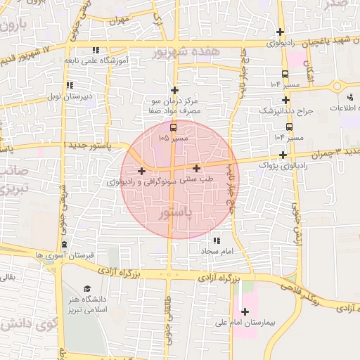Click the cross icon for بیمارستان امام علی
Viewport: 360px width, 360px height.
tap(245, 311)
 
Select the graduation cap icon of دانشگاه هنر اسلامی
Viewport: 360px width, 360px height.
tap(86, 289)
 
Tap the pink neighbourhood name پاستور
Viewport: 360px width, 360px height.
tap(175, 211)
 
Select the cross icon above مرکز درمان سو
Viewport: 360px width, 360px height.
tap(174, 89)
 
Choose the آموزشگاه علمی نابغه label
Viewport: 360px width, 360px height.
tap(95, 60)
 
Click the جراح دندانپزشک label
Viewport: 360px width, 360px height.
tap(283, 111)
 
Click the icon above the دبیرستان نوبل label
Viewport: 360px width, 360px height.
tap(69, 85)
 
